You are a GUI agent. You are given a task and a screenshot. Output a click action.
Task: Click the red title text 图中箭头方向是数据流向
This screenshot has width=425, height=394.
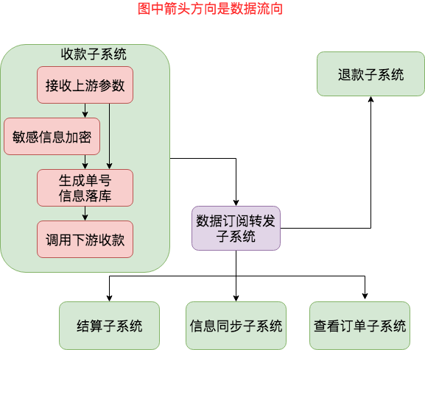point(210,10)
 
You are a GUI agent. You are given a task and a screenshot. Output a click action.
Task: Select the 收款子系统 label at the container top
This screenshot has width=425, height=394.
point(94,54)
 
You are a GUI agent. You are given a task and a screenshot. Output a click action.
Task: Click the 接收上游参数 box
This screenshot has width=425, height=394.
point(85,85)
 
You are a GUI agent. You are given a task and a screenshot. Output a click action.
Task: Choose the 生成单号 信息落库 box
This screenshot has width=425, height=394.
point(85,188)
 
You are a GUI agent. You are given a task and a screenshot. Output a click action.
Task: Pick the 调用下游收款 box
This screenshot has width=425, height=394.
point(85,240)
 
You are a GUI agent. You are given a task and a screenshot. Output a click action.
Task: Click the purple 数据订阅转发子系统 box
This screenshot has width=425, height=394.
point(236,228)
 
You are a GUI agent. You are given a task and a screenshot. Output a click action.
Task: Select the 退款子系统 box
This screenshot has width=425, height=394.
point(370,74)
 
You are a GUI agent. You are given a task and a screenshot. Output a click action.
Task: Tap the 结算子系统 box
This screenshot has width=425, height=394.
point(109,326)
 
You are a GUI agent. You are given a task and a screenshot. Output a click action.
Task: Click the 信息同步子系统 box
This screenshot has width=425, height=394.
point(236,326)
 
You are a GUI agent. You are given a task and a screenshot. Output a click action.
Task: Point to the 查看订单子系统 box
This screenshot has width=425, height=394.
point(359,326)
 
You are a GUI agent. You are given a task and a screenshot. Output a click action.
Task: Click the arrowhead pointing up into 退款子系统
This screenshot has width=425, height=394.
point(370,100)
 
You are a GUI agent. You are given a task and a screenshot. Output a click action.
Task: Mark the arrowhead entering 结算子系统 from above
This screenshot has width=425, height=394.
point(109,298)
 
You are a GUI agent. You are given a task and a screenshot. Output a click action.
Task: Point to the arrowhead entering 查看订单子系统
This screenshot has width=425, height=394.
point(364,298)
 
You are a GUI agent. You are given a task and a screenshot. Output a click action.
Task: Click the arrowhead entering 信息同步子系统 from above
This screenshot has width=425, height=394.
point(236,298)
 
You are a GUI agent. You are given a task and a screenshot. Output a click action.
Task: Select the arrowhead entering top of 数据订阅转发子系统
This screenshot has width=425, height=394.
point(236,202)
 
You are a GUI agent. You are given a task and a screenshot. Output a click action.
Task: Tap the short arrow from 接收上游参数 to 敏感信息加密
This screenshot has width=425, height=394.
point(85,111)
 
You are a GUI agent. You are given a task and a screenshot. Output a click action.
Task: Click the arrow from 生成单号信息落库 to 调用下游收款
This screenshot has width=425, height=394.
point(85,214)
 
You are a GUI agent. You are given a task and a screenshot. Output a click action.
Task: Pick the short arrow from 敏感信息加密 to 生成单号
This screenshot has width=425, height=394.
point(85,162)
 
